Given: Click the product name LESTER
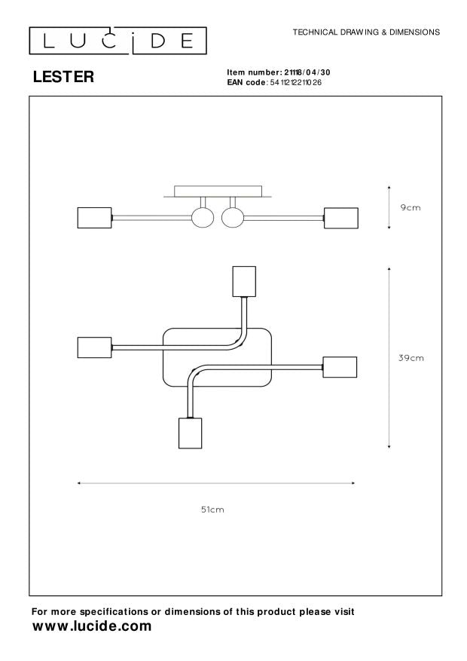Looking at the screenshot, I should click(x=63, y=76).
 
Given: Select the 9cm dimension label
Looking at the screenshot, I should click(x=410, y=207).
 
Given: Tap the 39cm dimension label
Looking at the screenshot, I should click(x=411, y=358).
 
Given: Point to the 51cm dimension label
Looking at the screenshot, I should click(x=212, y=510).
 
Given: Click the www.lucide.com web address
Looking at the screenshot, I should click(x=91, y=626).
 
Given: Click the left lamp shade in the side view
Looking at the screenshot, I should click(x=94, y=218).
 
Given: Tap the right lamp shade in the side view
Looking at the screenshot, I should click(x=340, y=218).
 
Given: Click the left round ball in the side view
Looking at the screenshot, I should click(x=203, y=218).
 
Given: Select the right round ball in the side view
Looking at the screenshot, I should click(x=233, y=218).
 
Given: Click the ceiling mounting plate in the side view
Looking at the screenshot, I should click(x=218, y=191).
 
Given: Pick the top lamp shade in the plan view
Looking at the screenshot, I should click(x=244, y=282).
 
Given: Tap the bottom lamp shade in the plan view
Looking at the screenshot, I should click(x=189, y=433).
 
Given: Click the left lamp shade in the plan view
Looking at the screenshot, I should click(x=94, y=347).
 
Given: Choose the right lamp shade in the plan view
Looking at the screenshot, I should click(x=340, y=367).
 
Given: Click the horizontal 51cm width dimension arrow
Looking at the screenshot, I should click(x=217, y=483).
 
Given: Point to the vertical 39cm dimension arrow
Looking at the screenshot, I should click(x=389, y=358).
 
